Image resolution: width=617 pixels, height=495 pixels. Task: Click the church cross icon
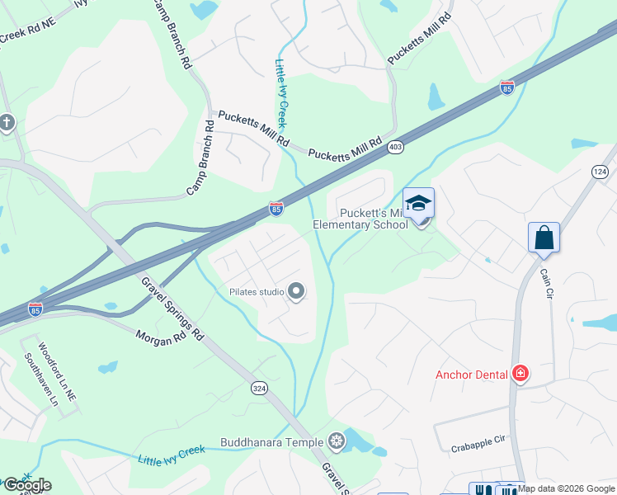click(x=7, y=124)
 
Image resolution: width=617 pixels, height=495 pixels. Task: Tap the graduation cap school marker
click(x=418, y=203)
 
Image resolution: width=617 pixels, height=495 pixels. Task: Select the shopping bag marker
click(x=544, y=238)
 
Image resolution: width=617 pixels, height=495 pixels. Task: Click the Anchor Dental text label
click(x=471, y=375)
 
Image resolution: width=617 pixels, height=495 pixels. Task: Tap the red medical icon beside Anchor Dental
click(x=520, y=374)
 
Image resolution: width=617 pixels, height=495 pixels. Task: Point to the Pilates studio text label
click(x=257, y=292)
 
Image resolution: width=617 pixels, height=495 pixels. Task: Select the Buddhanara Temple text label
click(x=273, y=442)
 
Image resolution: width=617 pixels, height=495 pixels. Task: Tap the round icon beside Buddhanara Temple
click(x=336, y=442)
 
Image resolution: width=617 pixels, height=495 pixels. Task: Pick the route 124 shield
click(x=600, y=171)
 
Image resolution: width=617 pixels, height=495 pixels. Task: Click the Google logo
click(x=27, y=485)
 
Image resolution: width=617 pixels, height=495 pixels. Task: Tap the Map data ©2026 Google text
click(x=567, y=488)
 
